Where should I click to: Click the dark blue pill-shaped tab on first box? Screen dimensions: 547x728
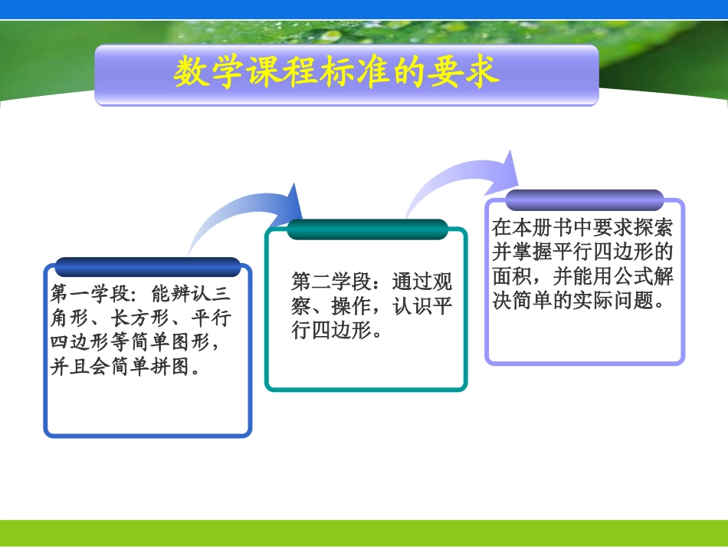pos(148,267)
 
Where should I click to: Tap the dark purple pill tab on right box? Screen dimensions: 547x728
pos(585,200)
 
